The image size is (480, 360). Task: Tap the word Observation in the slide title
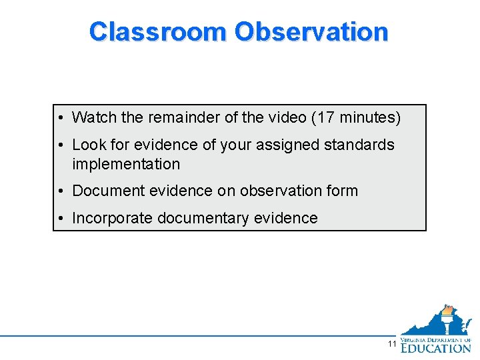click(311, 31)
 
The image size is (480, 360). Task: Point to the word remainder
click(183, 118)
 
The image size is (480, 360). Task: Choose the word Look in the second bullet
click(88, 145)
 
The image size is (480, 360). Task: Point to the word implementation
click(126, 164)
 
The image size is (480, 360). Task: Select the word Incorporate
click(111, 218)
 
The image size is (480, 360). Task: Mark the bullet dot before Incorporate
click(60, 218)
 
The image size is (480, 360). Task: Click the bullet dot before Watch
click(60, 118)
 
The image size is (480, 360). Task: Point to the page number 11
click(392, 344)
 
